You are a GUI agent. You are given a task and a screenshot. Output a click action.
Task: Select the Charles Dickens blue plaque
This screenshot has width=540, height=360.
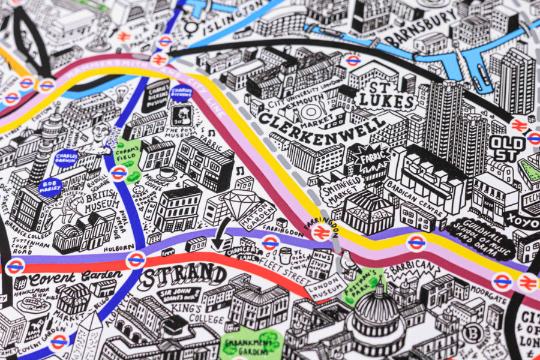(x=181, y=94)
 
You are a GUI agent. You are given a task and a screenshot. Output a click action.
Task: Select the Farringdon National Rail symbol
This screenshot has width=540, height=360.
(x=320, y=232)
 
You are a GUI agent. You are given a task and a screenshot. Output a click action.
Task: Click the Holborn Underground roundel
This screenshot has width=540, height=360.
(x=136, y=260)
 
